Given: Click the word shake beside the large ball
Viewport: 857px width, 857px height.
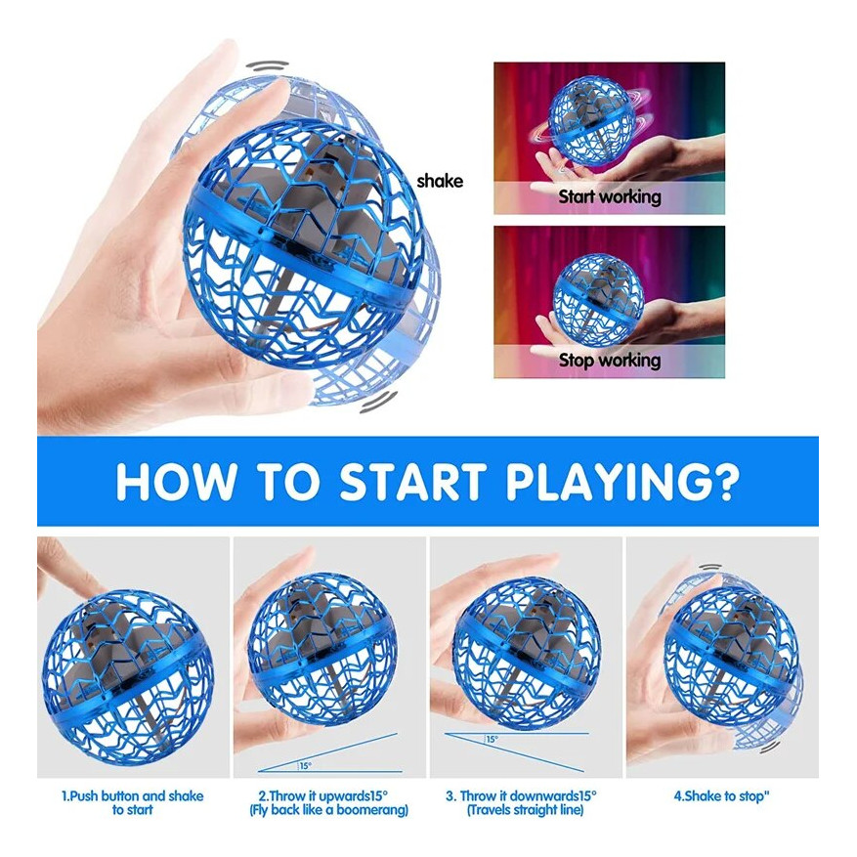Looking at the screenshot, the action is point(440,181).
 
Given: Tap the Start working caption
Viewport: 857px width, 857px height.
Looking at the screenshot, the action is point(610,196).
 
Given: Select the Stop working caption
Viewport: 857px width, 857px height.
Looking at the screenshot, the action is point(610,361).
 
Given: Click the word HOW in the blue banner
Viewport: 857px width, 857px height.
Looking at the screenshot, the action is point(175,481).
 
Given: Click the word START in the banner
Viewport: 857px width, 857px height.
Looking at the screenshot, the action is point(412,481).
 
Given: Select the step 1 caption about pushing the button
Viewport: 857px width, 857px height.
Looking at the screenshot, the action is point(132,802).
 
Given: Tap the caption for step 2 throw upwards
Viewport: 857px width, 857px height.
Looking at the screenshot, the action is point(328,802).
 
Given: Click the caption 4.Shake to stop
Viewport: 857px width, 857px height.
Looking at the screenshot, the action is point(721,795).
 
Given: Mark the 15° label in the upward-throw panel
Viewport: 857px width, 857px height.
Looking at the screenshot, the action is point(305,766).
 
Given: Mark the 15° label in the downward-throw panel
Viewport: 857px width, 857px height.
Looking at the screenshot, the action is point(492,739).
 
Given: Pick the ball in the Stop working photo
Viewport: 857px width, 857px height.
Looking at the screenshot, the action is point(598,300).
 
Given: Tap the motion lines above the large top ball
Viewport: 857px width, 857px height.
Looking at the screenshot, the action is point(267,65).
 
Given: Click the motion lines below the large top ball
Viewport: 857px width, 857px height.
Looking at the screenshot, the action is point(379,401).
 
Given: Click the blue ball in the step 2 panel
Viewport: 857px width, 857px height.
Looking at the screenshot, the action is point(322,648).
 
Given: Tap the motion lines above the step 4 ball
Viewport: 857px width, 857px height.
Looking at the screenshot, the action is point(710,569).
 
